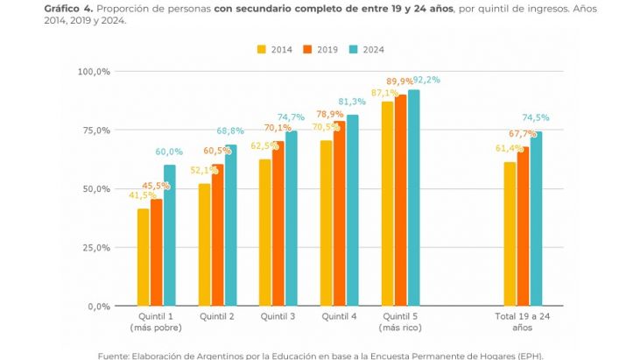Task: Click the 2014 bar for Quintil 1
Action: [x=143, y=258]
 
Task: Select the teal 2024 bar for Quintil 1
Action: [x=169, y=236]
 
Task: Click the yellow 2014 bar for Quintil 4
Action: [x=327, y=223]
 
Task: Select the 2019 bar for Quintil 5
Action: [x=401, y=201]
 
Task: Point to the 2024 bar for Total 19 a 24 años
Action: [x=536, y=219]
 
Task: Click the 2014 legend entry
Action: [x=275, y=50]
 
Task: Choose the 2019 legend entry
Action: [x=320, y=50]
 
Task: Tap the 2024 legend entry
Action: [x=366, y=50]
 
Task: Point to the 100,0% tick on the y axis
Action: [x=94, y=71]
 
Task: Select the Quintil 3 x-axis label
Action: [x=278, y=316]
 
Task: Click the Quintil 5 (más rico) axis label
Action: [x=401, y=321]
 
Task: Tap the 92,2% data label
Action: [x=427, y=80]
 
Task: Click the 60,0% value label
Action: [x=171, y=152]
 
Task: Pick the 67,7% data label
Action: [x=523, y=134]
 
